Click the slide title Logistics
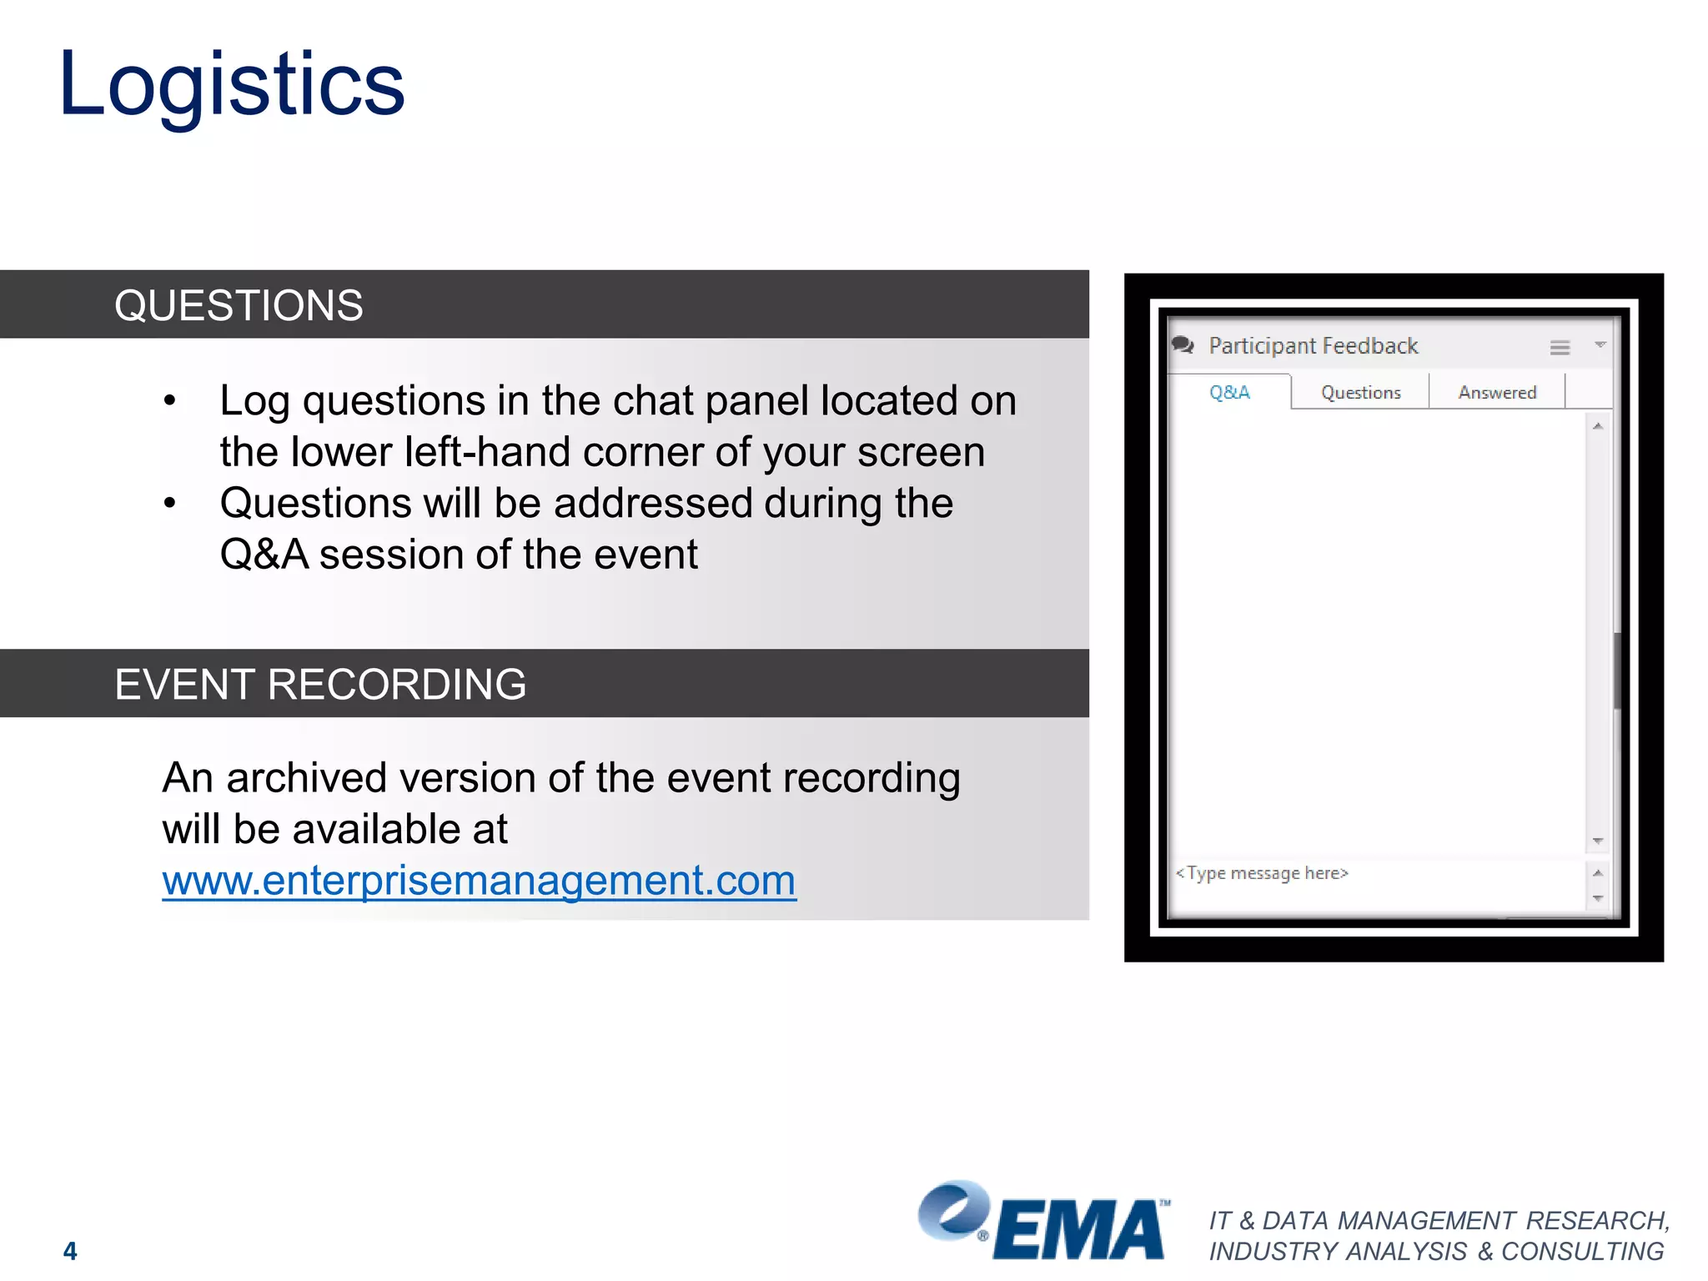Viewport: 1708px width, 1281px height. [232, 85]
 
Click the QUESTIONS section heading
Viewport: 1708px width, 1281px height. [239, 305]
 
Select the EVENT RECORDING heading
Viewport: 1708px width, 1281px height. [320, 684]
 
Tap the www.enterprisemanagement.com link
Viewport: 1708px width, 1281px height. [479, 881]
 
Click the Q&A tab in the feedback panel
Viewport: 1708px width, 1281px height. [1229, 392]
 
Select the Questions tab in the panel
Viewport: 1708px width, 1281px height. [1360, 393]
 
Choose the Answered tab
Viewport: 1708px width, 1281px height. [1497, 393]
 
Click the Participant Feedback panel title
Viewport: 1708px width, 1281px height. [1313, 346]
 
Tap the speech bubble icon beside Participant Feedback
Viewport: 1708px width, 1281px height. [1183, 344]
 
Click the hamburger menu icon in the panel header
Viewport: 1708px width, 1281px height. [1560, 348]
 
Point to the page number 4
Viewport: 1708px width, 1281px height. [70, 1250]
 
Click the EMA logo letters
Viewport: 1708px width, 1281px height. [1079, 1229]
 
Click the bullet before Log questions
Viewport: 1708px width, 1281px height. [170, 401]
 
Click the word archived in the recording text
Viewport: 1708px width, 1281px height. [306, 778]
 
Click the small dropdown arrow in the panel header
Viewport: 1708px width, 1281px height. [1600, 344]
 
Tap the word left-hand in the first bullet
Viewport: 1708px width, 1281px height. [470, 453]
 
